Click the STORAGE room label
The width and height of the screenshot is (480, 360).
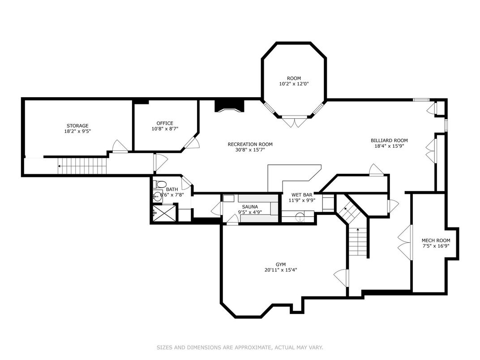coord(77,125)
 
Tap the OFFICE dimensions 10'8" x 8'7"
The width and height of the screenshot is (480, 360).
coord(165,129)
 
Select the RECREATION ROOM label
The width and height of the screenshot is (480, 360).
coord(250,144)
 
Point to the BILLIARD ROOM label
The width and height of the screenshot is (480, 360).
coord(389,141)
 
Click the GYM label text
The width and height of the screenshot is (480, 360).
coord(281,265)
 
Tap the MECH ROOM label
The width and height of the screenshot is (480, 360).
coord(436,240)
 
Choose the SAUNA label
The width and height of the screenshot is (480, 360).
coord(250,206)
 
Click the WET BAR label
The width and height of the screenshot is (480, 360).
coord(302,195)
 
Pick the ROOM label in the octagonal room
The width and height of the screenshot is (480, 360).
coord(294,78)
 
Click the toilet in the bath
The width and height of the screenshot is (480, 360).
coord(159,184)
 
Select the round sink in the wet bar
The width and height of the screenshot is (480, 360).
coord(300,217)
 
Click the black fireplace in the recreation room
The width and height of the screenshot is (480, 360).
coord(229,106)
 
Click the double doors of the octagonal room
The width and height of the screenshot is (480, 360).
coord(295,121)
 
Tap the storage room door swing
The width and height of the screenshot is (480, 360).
coord(120,146)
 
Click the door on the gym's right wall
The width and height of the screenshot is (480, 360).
coord(341,278)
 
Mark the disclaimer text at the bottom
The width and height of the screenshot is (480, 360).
coord(240,347)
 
